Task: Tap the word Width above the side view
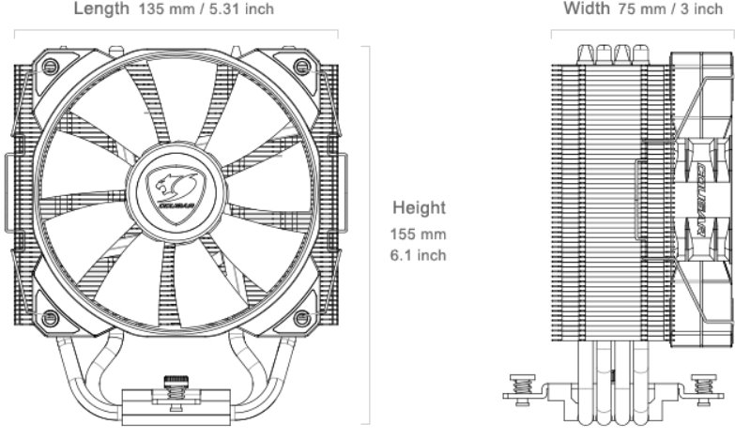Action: click(586, 9)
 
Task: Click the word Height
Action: click(419, 207)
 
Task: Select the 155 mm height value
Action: click(419, 233)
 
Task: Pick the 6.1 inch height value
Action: click(419, 254)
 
